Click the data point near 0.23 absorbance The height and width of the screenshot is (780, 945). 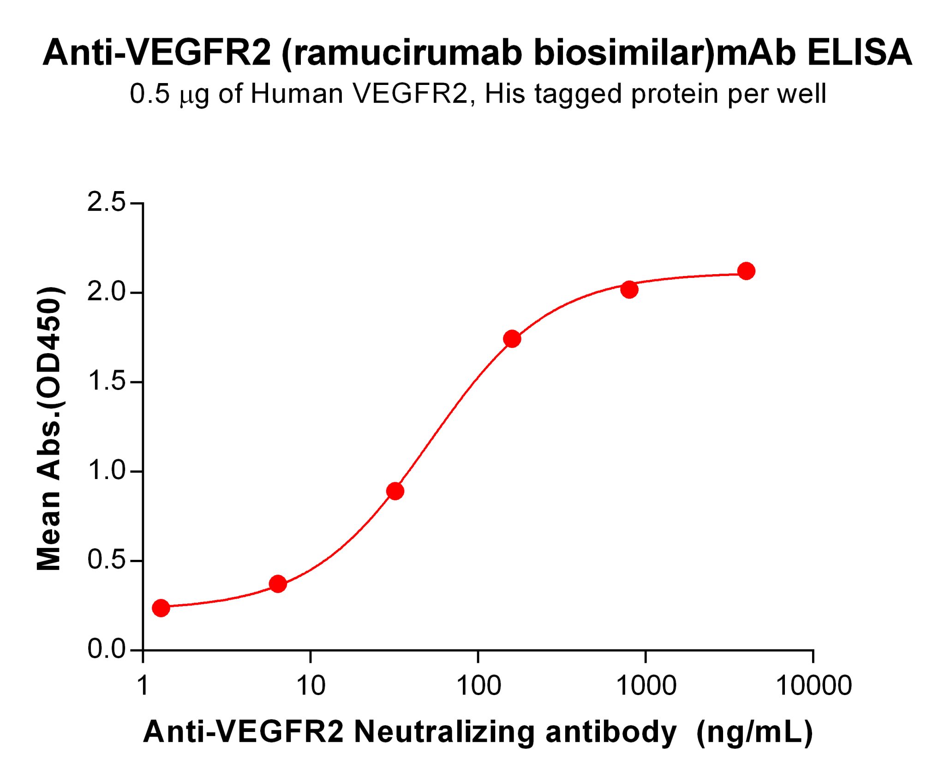pos(161,608)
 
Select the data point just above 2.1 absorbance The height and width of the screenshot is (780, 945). pos(746,271)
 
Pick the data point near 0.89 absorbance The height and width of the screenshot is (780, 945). pos(395,491)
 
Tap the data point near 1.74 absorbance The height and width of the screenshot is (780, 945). pos(512,339)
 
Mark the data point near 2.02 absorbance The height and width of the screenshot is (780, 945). pos(629,289)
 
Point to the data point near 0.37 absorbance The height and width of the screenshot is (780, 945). pos(278,584)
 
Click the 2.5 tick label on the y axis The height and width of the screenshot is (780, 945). pos(106,203)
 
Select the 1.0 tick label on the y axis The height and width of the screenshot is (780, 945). pos(106,471)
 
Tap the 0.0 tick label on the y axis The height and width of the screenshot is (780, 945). pos(106,649)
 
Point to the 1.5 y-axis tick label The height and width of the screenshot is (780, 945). pos(106,382)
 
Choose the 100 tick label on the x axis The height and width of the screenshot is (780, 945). pos(478,686)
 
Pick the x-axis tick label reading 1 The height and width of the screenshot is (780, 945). pos(143,686)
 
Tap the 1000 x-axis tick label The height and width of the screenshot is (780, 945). pos(646,686)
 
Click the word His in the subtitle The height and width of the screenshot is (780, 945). pos(505,94)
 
